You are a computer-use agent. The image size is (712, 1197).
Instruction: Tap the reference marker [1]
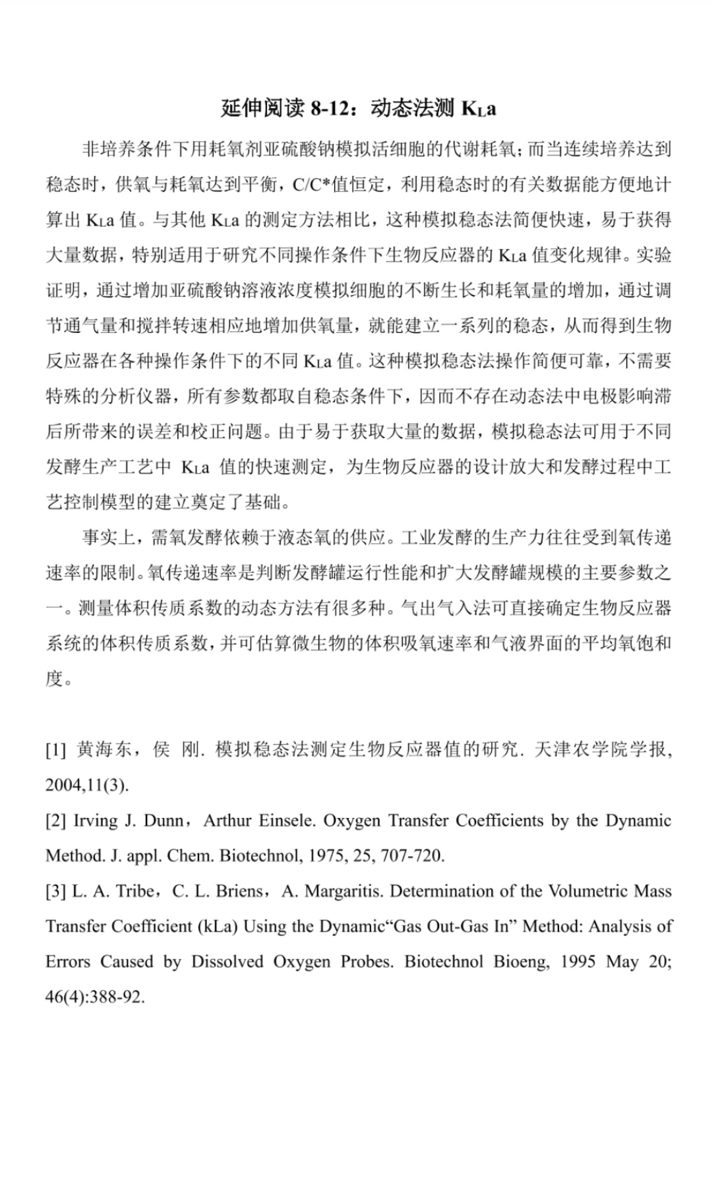55,750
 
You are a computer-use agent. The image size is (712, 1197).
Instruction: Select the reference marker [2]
55,821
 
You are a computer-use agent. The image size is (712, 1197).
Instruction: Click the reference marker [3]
55,892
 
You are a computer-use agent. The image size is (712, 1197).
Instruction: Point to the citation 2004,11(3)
87,786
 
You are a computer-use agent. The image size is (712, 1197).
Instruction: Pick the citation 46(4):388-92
94,997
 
